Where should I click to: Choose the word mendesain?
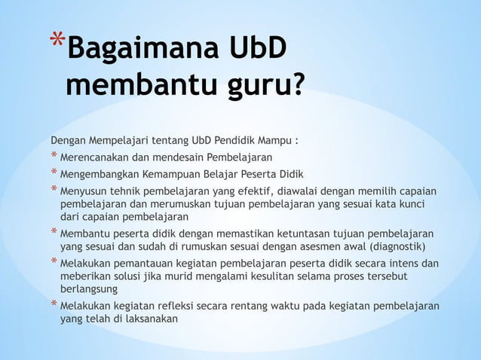(x=195, y=157)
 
